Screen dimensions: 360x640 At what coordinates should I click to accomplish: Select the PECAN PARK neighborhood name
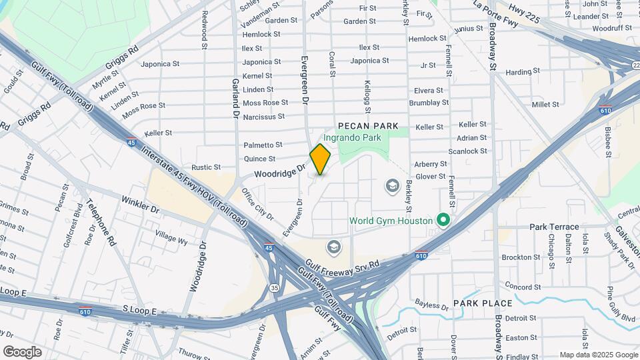click(368, 125)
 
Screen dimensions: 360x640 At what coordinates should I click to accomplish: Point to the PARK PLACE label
click(483, 303)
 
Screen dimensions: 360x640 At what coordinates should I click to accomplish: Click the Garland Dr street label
click(236, 97)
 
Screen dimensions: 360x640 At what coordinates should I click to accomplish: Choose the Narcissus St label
click(263, 116)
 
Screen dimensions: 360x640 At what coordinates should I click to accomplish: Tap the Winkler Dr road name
click(141, 203)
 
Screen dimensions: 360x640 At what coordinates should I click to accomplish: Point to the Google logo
click(23, 351)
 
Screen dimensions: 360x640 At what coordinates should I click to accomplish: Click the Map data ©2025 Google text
click(598, 355)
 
